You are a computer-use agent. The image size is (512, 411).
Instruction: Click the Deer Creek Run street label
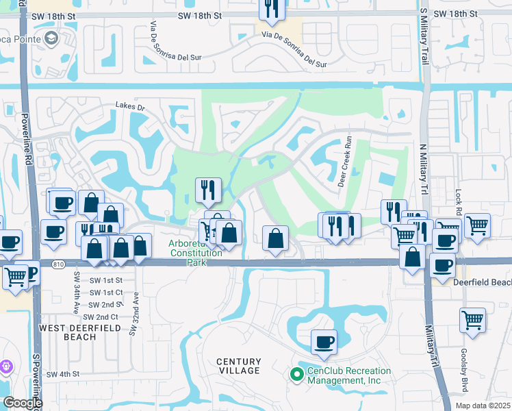(x=345, y=168)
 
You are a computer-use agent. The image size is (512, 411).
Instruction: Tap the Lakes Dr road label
(x=131, y=107)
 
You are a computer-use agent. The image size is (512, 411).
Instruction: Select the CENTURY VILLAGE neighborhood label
(x=239, y=366)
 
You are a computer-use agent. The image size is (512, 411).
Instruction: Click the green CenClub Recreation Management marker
(x=296, y=374)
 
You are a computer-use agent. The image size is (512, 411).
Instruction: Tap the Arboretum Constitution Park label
(x=196, y=249)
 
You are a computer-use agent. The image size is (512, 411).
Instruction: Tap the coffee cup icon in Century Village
(x=324, y=342)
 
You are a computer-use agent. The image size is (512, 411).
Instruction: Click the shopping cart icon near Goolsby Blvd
(x=472, y=320)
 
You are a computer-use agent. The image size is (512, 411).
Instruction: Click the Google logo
(x=22, y=403)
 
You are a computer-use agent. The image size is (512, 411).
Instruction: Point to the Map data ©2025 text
(x=482, y=406)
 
